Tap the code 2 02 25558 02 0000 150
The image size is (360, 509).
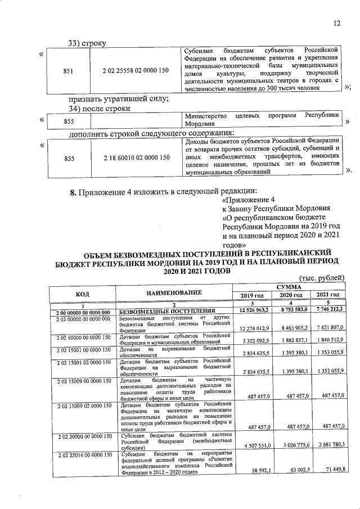136,71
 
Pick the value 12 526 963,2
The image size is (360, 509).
254,310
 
